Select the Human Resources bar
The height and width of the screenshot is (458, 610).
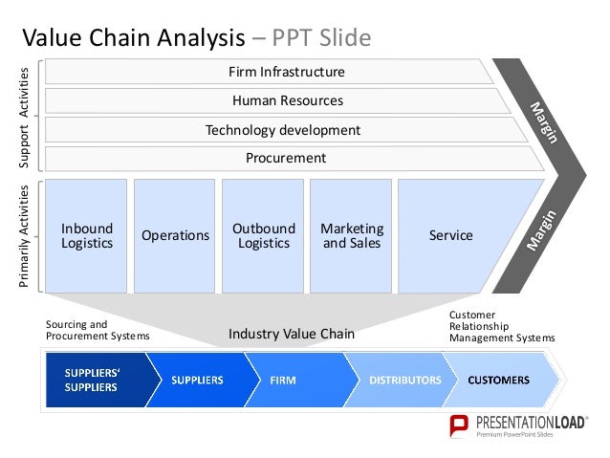click(287, 100)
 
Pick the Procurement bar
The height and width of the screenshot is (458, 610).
click(286, 158)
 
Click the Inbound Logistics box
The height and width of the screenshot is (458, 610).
click(86, 235)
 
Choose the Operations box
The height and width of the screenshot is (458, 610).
click(174, 235)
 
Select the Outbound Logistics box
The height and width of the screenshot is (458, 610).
click(263, 235)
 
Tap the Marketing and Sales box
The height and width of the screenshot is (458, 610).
click(351, 235)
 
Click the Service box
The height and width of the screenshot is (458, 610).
click(451, 235)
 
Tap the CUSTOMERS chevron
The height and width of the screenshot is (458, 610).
click(498, 381)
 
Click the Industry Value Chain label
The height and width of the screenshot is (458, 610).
click(292, 335)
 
